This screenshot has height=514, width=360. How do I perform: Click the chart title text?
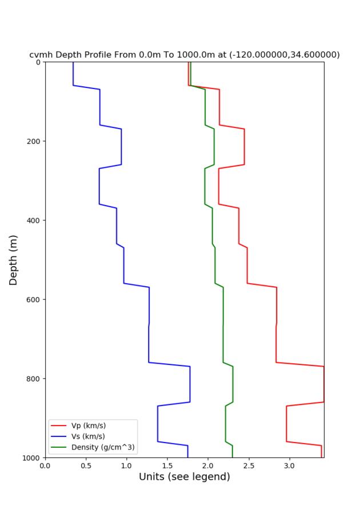(185, 55)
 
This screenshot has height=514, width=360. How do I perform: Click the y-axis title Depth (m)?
(14, 260)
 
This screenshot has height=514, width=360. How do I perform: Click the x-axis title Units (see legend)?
(185, 477)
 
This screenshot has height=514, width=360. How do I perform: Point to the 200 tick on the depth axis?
(33, 141)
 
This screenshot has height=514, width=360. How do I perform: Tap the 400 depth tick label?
(33, 220)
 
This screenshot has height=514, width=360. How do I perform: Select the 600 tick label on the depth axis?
(33, 299)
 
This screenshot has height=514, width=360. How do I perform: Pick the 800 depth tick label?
(33, 379)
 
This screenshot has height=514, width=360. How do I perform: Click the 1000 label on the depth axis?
(31, 458)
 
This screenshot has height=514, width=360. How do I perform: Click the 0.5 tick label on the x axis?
(86, 465)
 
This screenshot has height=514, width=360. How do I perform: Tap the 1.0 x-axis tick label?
(126, 465)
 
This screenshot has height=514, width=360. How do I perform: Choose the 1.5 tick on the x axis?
(167, 465)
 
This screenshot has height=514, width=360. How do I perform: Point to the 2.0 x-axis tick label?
(208, 465)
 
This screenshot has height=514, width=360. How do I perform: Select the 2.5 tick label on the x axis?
(249, 465)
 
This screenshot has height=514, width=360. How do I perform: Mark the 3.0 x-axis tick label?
(290, 465)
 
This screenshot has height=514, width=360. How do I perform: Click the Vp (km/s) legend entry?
(89, 425)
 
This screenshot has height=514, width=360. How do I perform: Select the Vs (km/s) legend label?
(89, 436)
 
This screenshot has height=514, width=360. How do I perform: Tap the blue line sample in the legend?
(59, 436)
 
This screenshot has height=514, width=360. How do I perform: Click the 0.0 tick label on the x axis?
(45, 465)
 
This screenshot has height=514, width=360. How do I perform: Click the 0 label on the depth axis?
(38, 62)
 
